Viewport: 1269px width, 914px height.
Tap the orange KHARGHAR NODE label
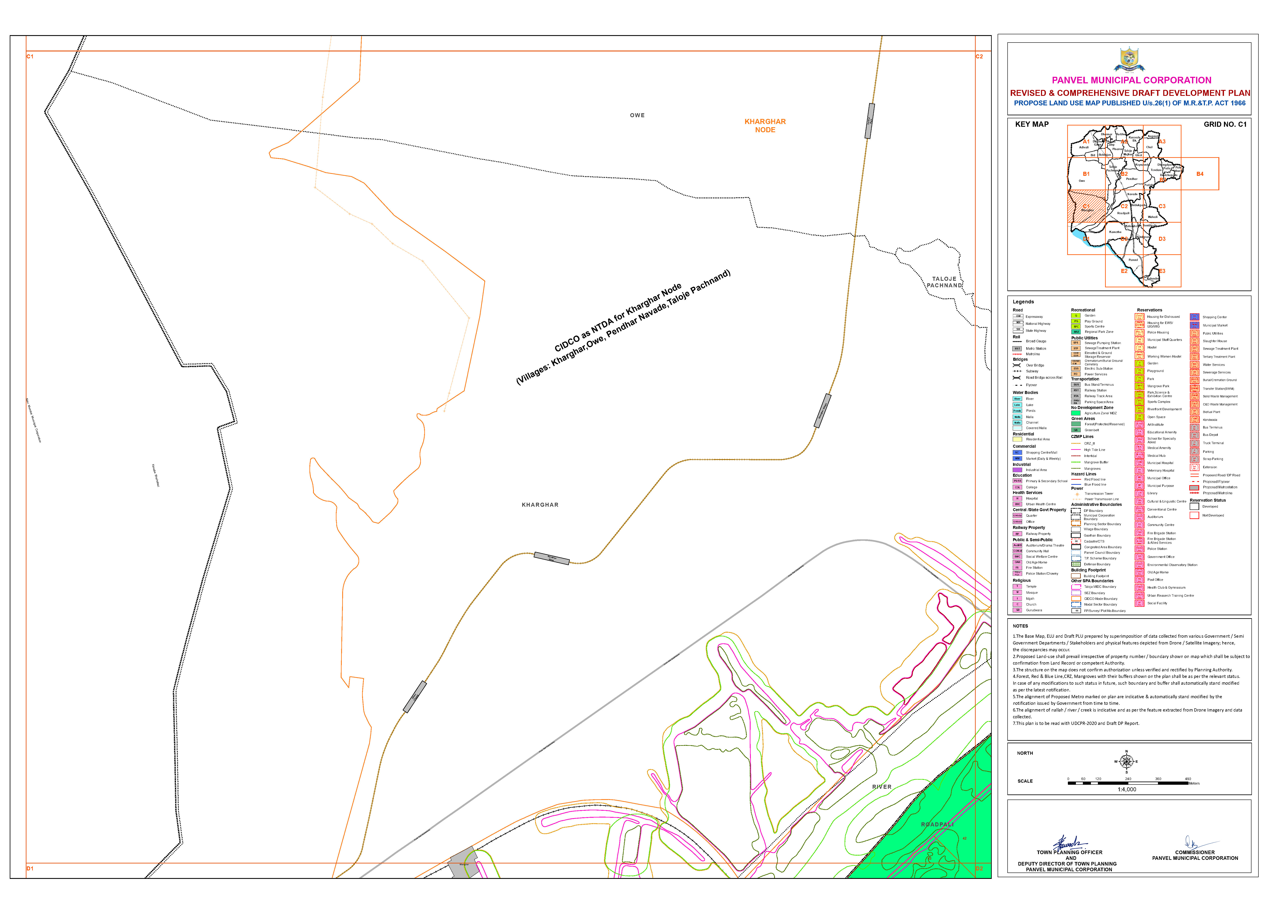click(765, 125)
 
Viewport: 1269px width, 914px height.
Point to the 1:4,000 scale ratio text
click(1127, 789)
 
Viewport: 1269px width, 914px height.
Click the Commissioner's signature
click(1192, 842)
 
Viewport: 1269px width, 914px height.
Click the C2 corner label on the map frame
click(979, 56)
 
